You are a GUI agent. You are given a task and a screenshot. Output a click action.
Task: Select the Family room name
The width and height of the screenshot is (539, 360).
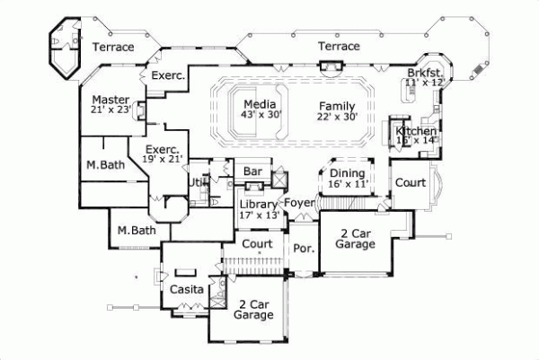coord(337,106)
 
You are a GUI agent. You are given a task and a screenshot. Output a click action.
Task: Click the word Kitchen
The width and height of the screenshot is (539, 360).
coord(416,132)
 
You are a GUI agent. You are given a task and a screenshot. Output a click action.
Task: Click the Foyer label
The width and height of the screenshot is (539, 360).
coord(299,203)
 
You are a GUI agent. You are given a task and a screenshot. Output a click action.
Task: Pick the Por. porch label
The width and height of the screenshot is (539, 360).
coord(303,248)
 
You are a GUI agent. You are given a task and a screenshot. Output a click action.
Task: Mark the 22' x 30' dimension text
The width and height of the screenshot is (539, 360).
coord(337,117)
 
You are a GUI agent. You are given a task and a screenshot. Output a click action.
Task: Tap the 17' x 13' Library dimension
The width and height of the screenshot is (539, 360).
coord(258,215)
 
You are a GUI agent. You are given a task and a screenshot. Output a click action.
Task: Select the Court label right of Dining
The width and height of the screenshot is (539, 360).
coord(410,181)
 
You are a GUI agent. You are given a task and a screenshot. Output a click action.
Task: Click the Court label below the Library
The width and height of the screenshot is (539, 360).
coord(258,244)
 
